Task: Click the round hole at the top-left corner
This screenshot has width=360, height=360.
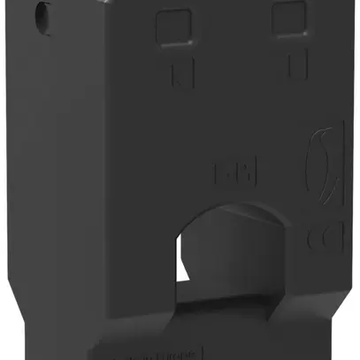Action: point(41,16)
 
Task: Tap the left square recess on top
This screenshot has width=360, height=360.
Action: point(173,27)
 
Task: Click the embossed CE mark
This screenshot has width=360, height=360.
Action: point(319,240)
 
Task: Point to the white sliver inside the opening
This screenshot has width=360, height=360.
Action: point(188,275)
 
